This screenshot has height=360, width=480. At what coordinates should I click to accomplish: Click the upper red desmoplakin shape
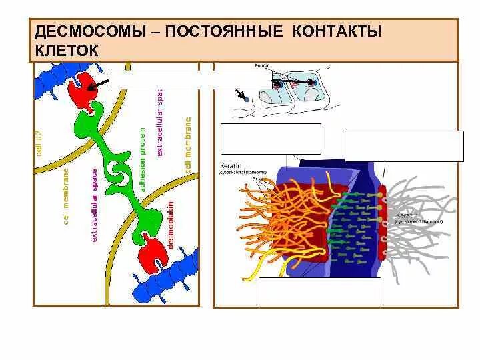click(x=84, y=89)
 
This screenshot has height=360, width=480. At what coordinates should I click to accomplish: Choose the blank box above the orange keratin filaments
click(x=270, y=139)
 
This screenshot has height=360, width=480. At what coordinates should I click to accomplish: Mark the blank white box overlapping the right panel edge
click(x=403, y=146)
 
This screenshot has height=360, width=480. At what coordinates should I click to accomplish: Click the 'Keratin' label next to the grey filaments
click(x=407, y=215)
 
